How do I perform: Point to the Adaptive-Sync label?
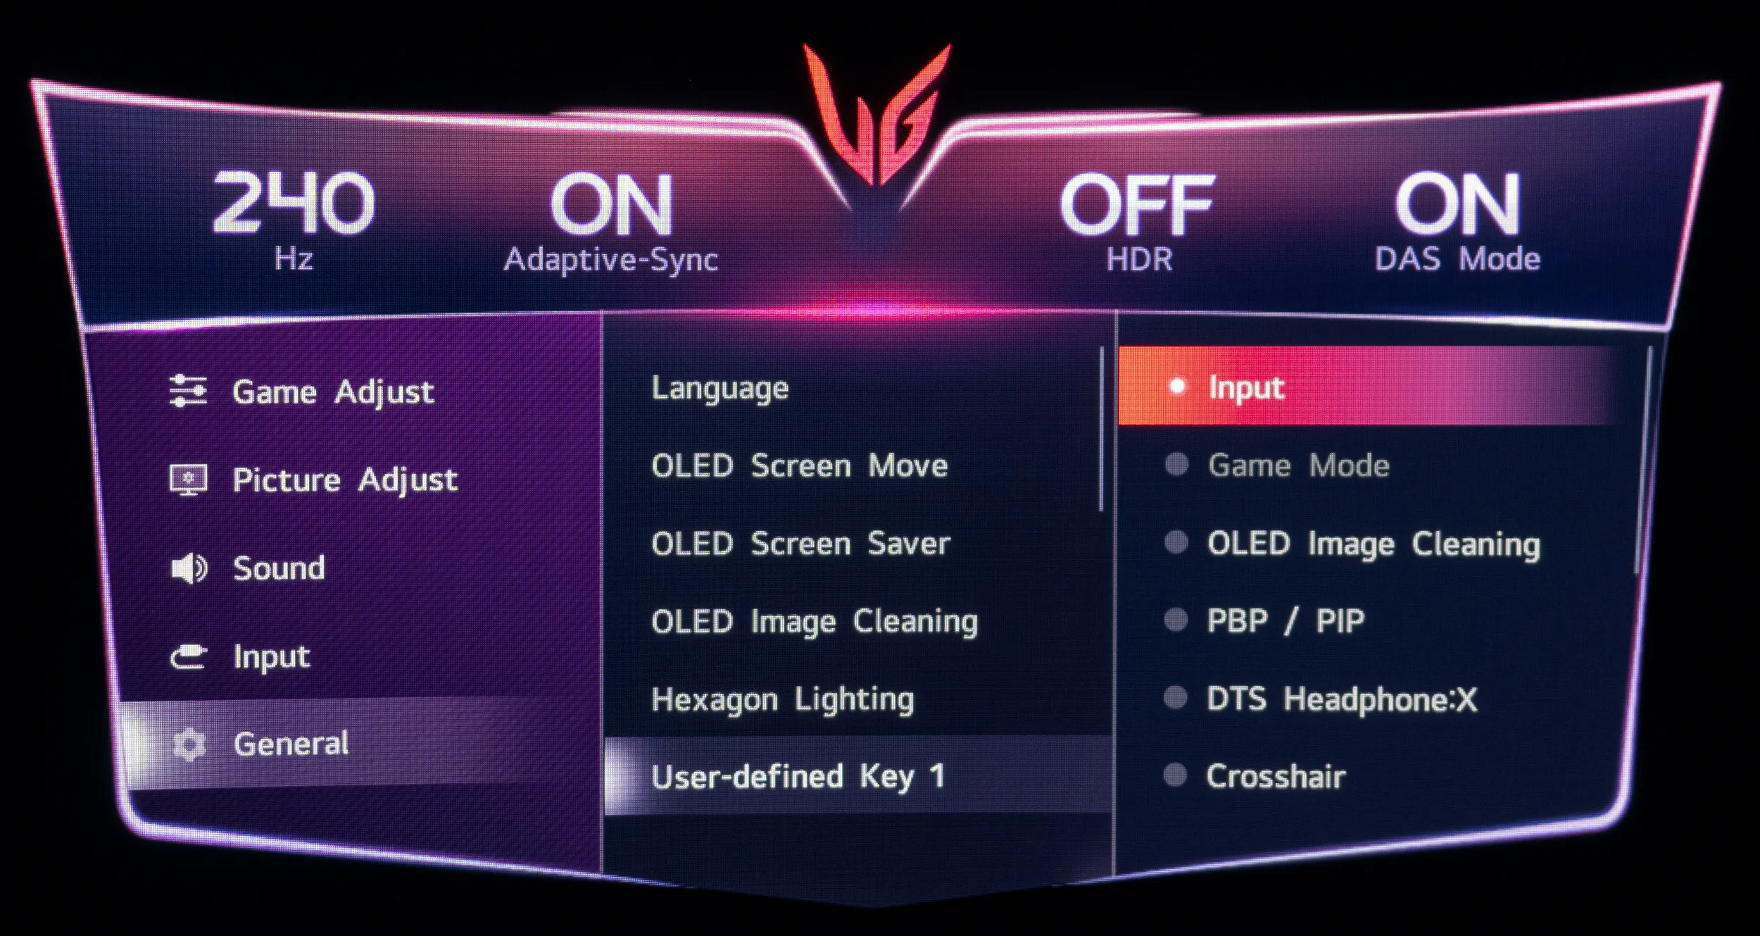tap(610, 260)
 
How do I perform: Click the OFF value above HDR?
tap(1137, 205)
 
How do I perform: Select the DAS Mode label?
tap(1457, 258)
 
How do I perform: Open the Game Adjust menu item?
tap(333, 392)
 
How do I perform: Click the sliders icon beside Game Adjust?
tap(188, 391)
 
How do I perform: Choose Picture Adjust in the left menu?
tap(345, 480)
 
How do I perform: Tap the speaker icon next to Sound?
tap(189, 568)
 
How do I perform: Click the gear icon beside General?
tap(189, 744)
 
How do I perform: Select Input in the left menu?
tap(271, 657)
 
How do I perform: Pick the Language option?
tap(719, 389)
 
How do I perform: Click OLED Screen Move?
tap(800, 466)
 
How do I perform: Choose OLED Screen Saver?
tap(800, 544)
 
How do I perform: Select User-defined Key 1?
tap(798, 777)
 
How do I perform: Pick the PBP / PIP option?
tap(1286, 621)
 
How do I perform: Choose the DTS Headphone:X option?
tap(1342, 699)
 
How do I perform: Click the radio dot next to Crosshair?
tap(1176, 776)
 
